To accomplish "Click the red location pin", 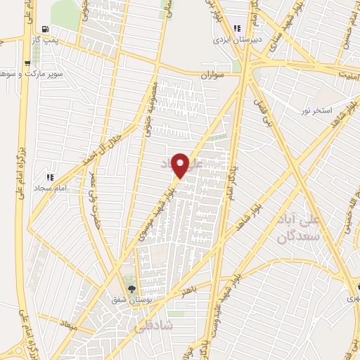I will [181, 165].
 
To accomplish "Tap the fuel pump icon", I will [46, 30].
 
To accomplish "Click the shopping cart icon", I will [27, 62].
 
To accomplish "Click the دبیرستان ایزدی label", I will [238, 39].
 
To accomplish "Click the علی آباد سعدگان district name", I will [319, 229].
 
